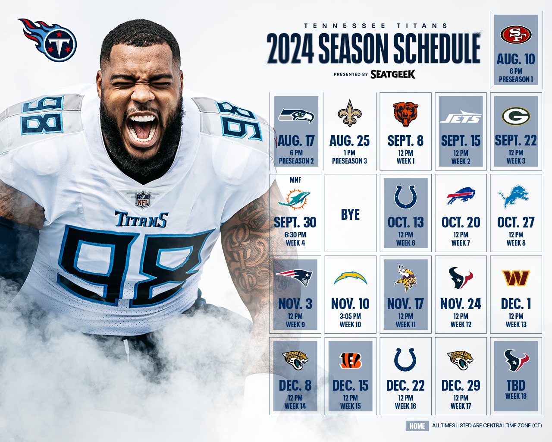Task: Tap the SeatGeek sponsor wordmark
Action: pos(393,75)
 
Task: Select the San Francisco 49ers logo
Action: pos(516,35)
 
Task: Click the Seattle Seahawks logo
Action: pos(296,116)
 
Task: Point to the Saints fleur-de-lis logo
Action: pos(350,113)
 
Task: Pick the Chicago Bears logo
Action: pos(405,114)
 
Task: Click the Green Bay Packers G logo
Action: pos(516,116)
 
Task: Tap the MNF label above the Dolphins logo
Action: pos(295,180)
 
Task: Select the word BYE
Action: pos(350,215)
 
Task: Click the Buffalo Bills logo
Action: pos(461,196)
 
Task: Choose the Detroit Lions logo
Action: pos(513,196)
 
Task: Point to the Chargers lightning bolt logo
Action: pos(350,278)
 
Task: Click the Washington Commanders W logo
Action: pos(516,278)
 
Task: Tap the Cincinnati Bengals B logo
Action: pos(350,360)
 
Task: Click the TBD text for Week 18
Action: pos(516,385)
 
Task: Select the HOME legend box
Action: pos(417,426)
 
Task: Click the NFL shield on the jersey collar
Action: pos(143,199)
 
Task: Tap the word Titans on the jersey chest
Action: pos(141,220)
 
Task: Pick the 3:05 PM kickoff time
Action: pos(350,316)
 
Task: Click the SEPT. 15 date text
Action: pos(461,141)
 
